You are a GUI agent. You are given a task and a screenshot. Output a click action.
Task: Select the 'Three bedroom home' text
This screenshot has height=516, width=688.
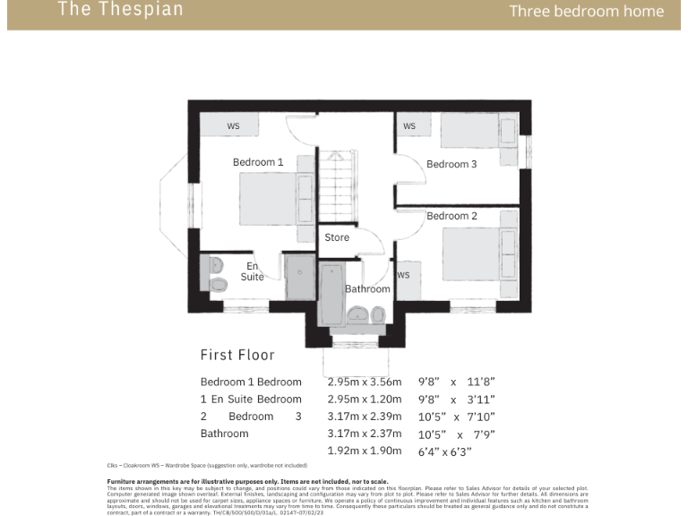click(x=587, y=12)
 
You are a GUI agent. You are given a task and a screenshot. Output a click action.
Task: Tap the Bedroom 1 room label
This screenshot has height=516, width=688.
click(x=258, y=162)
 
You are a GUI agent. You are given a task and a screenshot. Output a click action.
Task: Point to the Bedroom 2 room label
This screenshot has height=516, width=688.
click(x=451, y=216)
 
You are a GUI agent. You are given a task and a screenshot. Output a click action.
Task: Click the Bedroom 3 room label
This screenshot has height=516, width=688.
click(x=451, y=164)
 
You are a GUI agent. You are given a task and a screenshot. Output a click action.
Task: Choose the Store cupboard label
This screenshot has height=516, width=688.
click(x=337, y=237)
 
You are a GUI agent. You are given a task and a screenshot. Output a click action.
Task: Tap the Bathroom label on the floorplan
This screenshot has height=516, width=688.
click(x=367, y=288)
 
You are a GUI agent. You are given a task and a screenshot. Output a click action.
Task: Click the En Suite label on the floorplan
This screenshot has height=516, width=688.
click(x=253, y=271)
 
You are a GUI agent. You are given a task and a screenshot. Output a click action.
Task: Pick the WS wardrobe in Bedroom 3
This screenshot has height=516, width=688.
click(x=409, y=126)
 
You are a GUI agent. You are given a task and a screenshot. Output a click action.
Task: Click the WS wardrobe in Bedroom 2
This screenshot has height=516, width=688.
click(x=404, y=276)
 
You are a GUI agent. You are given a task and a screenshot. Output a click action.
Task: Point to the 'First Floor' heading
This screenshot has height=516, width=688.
click(x=237, y=355)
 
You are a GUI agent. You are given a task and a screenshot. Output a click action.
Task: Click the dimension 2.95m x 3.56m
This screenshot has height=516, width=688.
click(x=359, y=382)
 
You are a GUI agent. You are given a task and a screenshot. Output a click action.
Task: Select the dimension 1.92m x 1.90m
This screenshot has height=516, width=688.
click(x=359, y=451)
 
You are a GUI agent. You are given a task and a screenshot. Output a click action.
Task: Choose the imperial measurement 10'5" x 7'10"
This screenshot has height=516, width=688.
click(x=457, y=417)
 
